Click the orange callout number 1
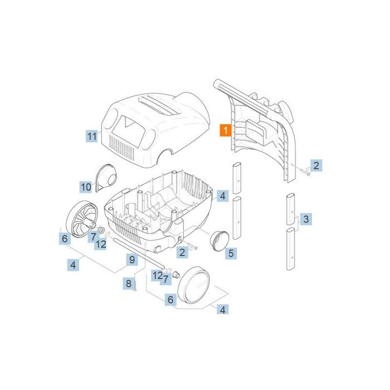[x=225, y=130]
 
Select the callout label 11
[x=91, y=136]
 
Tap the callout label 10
[x=86, y=187]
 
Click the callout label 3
[x=306, y=219]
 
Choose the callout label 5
[x=231, y=253]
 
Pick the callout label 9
[x=132, y=260]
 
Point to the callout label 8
[x=128, y=284]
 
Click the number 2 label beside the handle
[x=316, y=165]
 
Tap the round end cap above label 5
[x=219, y=241]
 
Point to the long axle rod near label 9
[x=139, y=253]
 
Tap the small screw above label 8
[x=135, y=285]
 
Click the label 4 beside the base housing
[x=223, y=196]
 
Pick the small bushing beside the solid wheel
[x=175, y=275]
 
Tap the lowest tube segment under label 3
[x=291, y=248]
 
